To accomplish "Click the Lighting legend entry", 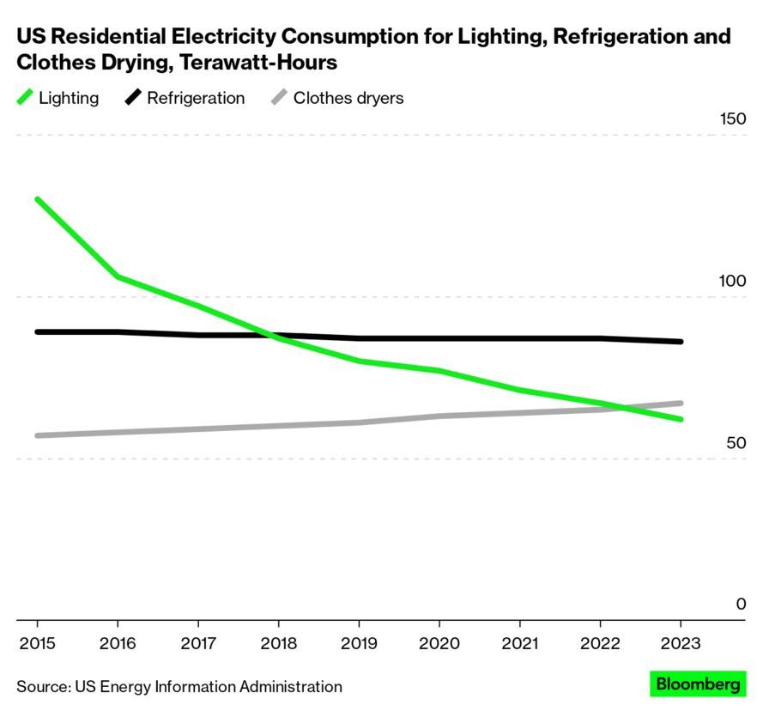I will click(58, 98).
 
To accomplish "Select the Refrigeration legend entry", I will click(185, 98).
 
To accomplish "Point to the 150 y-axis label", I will click(732, 119).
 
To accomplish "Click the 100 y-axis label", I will click(732, 282).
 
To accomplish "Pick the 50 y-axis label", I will click(736, 443).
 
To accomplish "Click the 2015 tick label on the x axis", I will click(37, 644).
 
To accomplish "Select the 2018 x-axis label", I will click(278, 644).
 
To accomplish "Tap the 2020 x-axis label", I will click(439, 644).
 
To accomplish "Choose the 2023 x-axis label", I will click(681, 644).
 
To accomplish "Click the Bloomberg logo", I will click(698, 684).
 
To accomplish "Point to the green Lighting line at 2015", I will click(38, 200).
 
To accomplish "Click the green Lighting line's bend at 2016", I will click(118, 276).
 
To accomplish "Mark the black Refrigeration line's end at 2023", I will click(681, 342).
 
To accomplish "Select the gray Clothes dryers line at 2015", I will click(38, 435).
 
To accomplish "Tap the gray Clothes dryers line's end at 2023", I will click(681, 403).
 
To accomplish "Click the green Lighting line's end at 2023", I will click(681, 419).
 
